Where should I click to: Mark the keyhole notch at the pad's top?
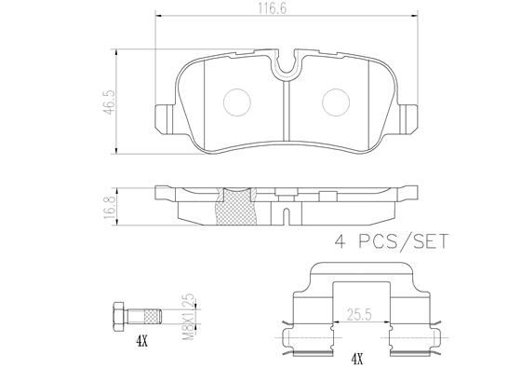coord(288,64)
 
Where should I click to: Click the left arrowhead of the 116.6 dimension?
coord(158,17)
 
